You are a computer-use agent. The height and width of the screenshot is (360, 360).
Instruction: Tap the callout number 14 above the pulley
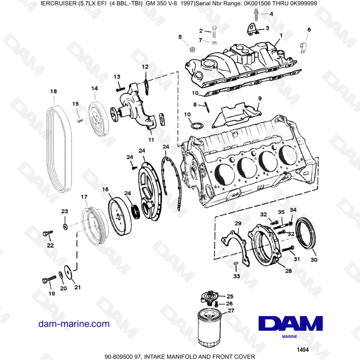94,88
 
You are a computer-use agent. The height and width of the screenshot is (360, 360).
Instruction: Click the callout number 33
236,276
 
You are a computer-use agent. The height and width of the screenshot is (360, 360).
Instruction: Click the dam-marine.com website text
74,324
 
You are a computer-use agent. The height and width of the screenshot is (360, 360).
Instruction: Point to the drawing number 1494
302,349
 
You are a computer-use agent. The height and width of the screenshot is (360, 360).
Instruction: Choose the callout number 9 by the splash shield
260,98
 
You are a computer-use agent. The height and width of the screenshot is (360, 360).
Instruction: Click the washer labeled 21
67,273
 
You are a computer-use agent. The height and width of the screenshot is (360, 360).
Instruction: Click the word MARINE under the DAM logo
289,337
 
